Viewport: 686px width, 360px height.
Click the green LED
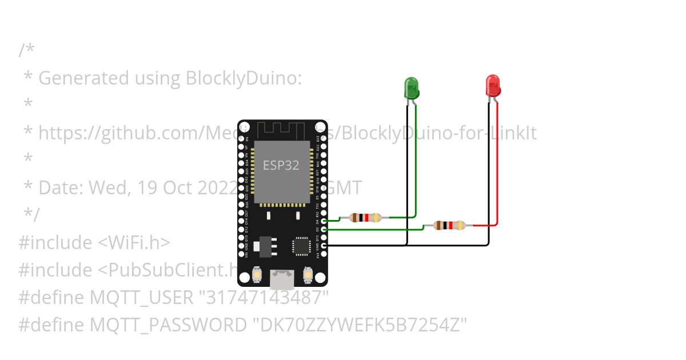click(412, 87)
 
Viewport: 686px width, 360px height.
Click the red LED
click(493, 85)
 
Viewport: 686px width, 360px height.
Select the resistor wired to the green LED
click(365, 217)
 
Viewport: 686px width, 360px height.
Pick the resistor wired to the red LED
click(450, 225)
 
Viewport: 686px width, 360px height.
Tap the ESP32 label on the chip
click(281, 166)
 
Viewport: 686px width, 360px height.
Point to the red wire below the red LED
click(498, 166)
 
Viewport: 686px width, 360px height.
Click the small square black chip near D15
click(301, 245)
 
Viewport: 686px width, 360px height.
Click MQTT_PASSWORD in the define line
click(169, 325)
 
